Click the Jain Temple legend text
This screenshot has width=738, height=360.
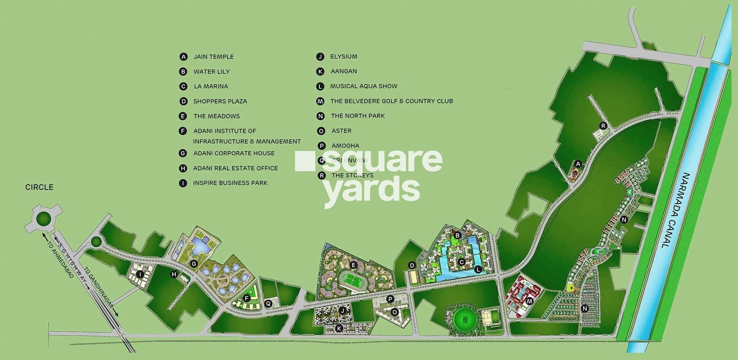[213, 57]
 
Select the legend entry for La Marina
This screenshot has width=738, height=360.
[211, 86]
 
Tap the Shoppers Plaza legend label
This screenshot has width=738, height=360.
[220, 101]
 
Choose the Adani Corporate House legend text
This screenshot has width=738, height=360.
[234, 153]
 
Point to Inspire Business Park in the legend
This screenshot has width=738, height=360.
[230, 183]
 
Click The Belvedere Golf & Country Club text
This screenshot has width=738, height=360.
[391, 101]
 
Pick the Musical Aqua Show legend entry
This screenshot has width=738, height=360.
[363, 86]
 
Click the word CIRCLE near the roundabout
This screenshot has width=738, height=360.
[39, 187]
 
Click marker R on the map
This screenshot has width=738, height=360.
[603, 126]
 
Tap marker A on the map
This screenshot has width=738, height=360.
[578, 164]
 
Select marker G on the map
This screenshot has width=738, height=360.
[194, 264]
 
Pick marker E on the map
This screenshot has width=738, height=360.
[353, 265]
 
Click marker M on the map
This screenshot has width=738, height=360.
[530, 301]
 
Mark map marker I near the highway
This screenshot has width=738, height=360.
[140, 274]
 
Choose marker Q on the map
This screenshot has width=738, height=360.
[268, 303]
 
